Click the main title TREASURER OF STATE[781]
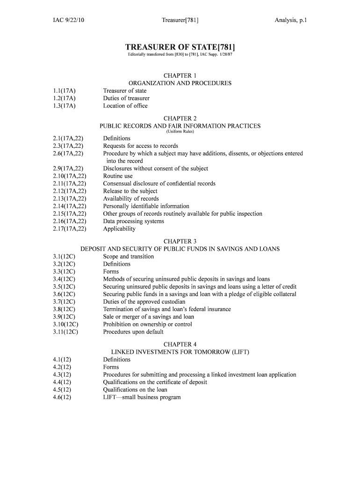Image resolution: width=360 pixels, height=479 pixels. point(180,47)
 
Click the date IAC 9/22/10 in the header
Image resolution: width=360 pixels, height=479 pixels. point(68,20)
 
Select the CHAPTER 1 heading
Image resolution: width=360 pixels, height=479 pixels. point(180,75)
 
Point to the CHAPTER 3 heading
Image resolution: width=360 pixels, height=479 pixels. point(180,241)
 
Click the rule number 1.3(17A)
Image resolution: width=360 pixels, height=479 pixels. point(65,106)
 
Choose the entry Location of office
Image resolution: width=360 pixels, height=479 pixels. point(125,106)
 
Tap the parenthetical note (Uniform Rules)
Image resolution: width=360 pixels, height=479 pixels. point(180,131)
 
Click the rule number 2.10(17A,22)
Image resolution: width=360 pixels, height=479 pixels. point(70,176)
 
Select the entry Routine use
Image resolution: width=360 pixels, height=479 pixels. point(118,176)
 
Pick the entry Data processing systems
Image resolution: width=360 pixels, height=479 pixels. point(134,221)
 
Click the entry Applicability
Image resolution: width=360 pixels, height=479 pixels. point(119,229)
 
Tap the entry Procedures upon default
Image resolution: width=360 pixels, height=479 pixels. point(133,332)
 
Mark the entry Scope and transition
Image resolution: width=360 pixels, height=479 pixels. point(129,256)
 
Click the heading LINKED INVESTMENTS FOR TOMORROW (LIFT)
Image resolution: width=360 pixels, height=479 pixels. point(180,352)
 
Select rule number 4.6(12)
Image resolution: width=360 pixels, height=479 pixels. point(62,397)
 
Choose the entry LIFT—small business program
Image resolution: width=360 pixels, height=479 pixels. point(142,397)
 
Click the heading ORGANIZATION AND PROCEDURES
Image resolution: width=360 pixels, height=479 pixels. point(180,83)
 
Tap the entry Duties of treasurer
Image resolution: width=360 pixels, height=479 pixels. point(126,98)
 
